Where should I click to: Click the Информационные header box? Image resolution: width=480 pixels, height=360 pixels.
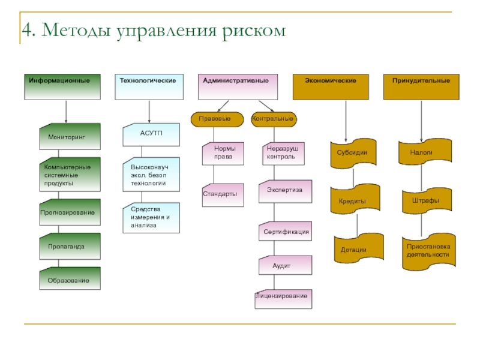pos(66,87)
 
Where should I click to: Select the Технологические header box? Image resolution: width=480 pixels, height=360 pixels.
pos(149,87)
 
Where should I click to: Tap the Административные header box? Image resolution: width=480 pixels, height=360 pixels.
pos(238,87)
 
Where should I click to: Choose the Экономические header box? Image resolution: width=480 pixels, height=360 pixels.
pos(331,87)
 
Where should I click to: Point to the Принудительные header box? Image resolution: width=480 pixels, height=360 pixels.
pos(421,87)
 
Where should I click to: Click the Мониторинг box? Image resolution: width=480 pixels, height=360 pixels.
pos(70,137)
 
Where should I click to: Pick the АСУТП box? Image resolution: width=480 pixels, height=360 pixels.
pos(151,135)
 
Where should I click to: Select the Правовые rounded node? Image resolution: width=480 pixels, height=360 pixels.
pos(219,119)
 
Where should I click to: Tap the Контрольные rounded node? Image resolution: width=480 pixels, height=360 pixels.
pos(273,119)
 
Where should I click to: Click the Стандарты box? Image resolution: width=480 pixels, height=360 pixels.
pos(223,194)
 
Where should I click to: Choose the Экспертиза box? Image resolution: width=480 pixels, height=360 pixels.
pos(286,190)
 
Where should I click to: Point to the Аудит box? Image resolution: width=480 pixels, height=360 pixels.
pos(286,265)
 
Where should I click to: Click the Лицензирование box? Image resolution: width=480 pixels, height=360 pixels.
pos(283,297)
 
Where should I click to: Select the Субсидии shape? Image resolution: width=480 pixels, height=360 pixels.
pos(352,153)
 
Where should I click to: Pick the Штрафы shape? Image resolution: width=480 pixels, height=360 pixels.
pos(425,200)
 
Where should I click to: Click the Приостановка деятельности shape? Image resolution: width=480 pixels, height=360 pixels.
pos(428,251)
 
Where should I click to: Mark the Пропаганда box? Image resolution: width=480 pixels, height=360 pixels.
pos(70,246)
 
